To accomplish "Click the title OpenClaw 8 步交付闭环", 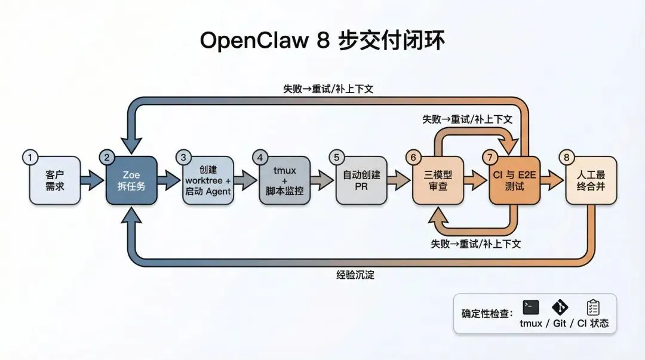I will click(x=322, y=41).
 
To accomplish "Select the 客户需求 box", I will click(x=54, y=180).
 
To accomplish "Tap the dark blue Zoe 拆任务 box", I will click(x=131, y=180).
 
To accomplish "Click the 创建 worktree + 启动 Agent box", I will click(x=207, y=180).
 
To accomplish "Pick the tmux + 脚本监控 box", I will click(x=284, y=180).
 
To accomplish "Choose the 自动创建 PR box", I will click(x=360, y=180).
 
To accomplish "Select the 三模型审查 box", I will click(x=438, y=180).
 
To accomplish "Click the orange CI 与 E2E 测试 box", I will click(x=514, y=180).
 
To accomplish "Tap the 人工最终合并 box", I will click(x=590, y=180).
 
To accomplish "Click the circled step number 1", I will click(x=30, y=158).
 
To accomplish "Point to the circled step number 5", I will click(x=336, y=158).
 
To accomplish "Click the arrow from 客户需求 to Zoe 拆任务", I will click(x=92, y=180).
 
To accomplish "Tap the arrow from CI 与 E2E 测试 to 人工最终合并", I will click(x=552, y=180).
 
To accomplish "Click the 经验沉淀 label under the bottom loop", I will click(x=355, y=275).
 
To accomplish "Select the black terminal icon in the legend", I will click(x=530, y=307).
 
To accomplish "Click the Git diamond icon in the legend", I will click(x=560, y=307).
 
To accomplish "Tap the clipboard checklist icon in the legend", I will click(x=592, y=307).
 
